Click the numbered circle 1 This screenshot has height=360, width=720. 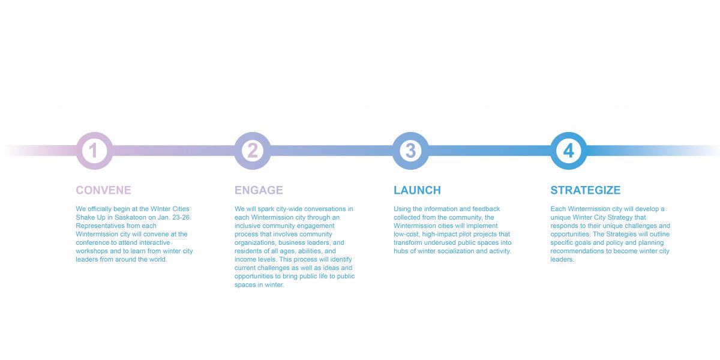[94, 151]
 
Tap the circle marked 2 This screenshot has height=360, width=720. [253, 151]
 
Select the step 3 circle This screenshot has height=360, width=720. [410, 151]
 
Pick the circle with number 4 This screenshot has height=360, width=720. [569, 151]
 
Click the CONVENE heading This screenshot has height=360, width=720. [103, 190]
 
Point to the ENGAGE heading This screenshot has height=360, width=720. [259, 190]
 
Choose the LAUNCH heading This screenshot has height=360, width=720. [417, 190]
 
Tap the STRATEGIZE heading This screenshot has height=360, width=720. [586, 190]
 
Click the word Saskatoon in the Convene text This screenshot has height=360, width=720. [131, 217]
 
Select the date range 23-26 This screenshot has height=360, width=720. [181, 217]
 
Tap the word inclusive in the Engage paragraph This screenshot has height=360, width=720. [247, 226]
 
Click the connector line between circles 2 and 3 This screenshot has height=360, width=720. [331, 151]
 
